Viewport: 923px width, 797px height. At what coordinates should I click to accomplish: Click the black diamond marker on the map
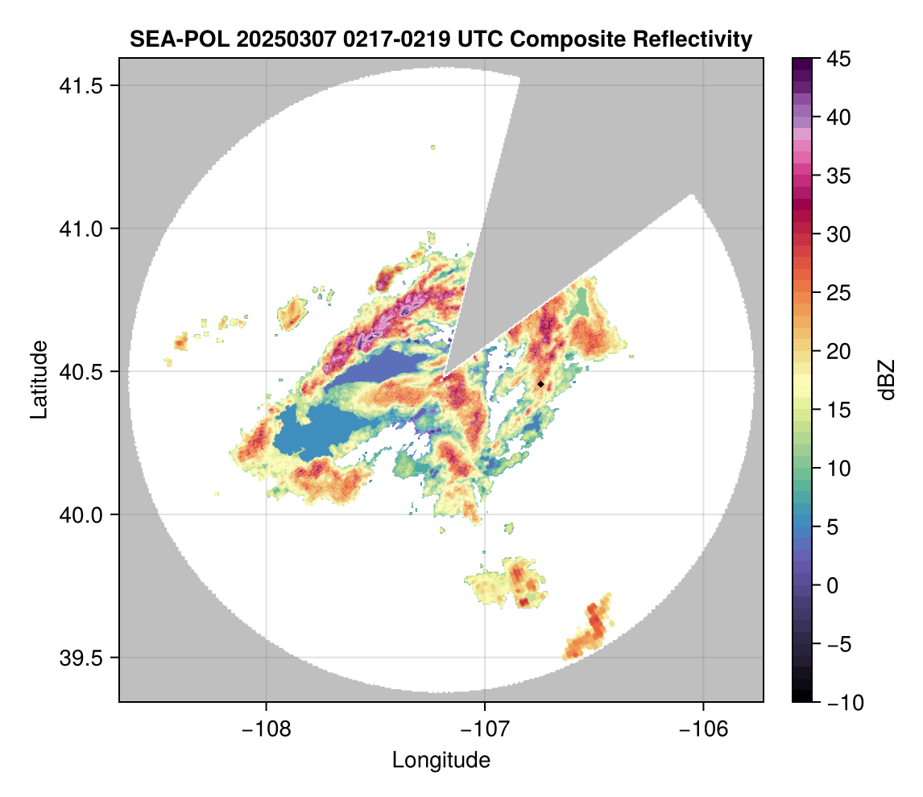click(x=540, y=384)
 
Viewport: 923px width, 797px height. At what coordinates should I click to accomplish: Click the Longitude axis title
click(x=441, y=760)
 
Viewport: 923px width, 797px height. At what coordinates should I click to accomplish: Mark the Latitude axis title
click(x=38, y=379)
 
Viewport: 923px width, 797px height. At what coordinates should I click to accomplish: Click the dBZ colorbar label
click(x=887, y=379)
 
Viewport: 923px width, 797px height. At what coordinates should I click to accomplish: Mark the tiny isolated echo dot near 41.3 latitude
click(x=433, y=147)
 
